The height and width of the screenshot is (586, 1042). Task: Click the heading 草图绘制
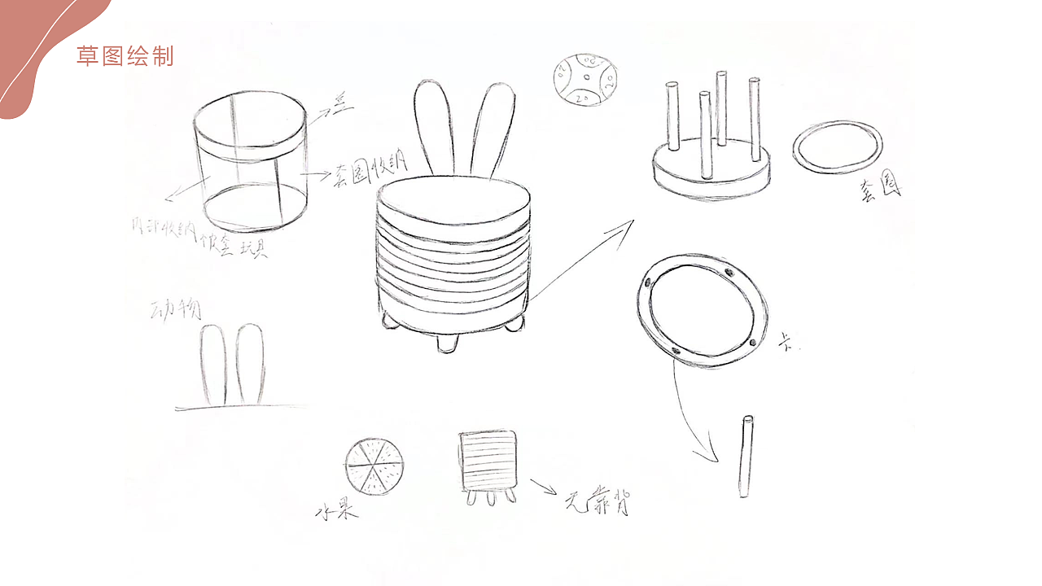point(125,56)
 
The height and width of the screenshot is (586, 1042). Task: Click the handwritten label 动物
point(177,309)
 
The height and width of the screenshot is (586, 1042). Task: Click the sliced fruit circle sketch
point(374,466)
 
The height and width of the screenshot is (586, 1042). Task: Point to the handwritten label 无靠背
point(598,502)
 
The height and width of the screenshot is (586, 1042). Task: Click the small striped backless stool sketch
point(488,464)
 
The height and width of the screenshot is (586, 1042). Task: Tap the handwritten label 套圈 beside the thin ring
point(878,192)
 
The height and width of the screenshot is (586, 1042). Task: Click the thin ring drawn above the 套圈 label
point(837,146)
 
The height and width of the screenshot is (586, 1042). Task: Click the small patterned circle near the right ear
point(584,79)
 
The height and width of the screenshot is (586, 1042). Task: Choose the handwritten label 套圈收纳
point(366,173)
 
